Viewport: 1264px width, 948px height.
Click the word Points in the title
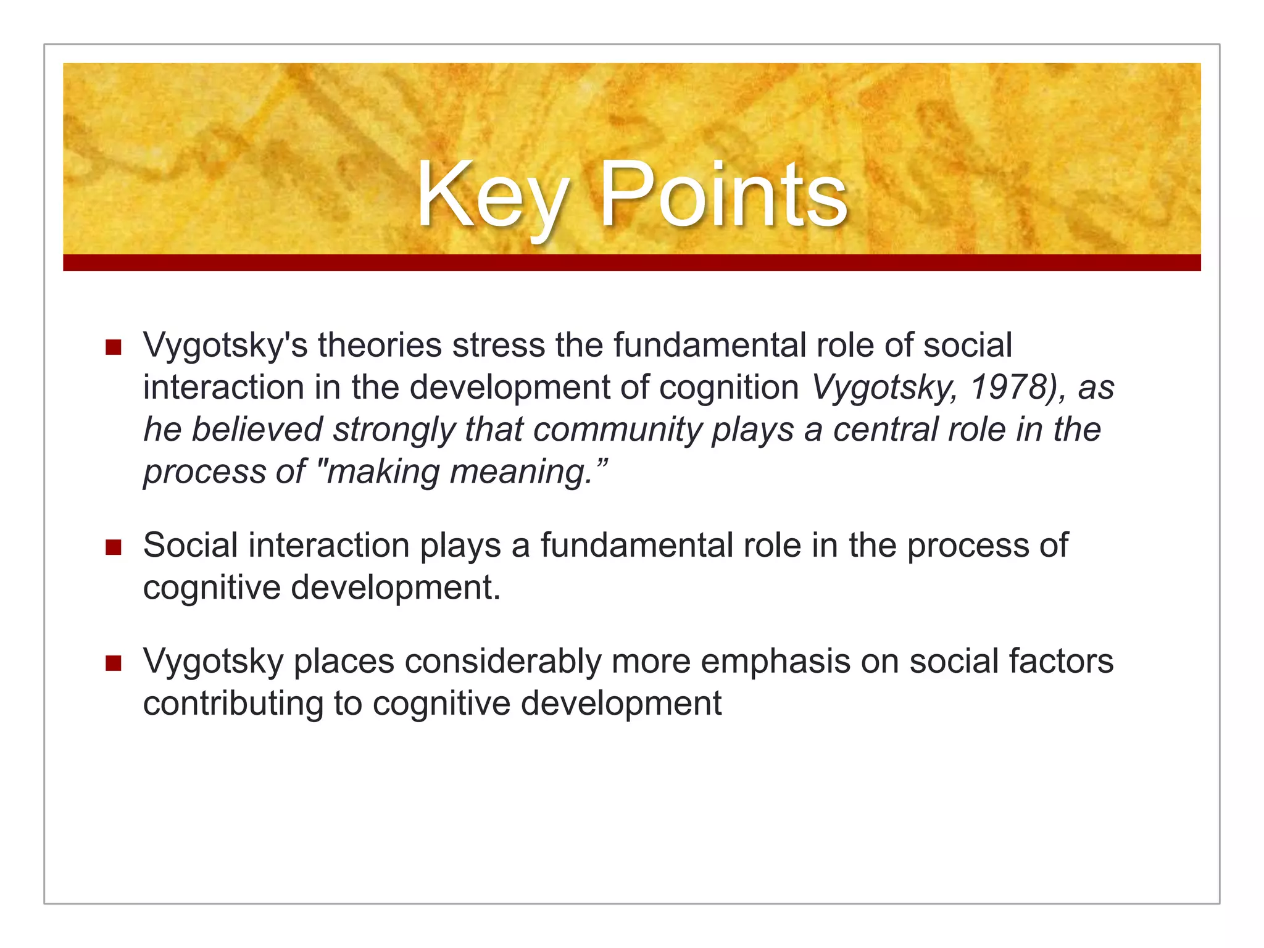[723, 196]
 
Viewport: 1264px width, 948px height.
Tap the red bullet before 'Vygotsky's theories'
[113, 347]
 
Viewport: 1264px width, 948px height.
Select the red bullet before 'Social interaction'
[113, 547]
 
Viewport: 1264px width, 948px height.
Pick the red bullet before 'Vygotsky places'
[113, 663]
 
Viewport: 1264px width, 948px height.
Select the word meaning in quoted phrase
[520, 472]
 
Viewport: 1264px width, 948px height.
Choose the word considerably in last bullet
[502, 662]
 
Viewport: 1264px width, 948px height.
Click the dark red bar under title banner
[631, 262]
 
